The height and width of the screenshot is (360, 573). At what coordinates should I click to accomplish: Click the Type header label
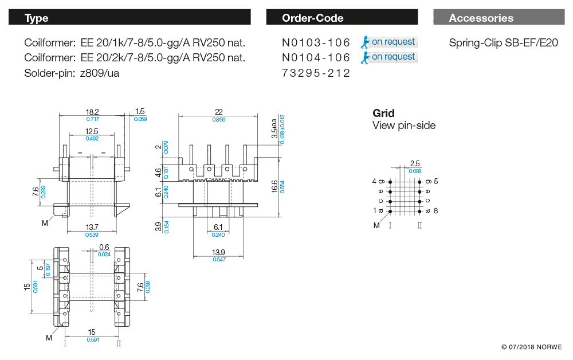click(36, 18)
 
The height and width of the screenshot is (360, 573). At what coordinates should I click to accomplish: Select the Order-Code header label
click(312, 18)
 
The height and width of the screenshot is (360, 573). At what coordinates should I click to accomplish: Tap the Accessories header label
click(481, 18)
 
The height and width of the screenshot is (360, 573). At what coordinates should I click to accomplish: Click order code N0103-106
click(316, 42)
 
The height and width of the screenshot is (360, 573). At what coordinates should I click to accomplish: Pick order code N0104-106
click(316, 57)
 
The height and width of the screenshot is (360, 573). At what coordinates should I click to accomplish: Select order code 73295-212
click(316, 73)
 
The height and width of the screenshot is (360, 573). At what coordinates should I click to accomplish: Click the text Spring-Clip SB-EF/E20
click(503, 42)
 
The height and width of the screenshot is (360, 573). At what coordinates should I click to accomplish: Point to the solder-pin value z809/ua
click(100, 73)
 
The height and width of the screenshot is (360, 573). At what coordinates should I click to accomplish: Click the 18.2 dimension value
click(92, 112)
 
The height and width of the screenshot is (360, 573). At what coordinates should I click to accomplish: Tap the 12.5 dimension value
click(92, 131)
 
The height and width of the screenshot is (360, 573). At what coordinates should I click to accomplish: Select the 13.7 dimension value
click(92, 228)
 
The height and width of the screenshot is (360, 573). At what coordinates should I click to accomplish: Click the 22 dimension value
click(218, 112)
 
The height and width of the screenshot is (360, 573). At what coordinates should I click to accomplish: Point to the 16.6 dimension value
click(274, 186)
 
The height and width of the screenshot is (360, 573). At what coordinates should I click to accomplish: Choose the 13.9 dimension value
click(218, 252)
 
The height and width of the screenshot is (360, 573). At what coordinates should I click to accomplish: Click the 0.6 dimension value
click(104, 247)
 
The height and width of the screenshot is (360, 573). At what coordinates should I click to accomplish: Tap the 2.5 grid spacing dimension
click(415, 164)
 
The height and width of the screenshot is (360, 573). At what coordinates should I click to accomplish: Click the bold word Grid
click(383, 113)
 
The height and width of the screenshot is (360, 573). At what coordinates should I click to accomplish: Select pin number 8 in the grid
click(435, 211)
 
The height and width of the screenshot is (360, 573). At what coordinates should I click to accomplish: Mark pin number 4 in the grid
click(375, 181)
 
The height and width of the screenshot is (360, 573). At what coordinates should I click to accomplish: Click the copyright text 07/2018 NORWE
click(531, 347)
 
